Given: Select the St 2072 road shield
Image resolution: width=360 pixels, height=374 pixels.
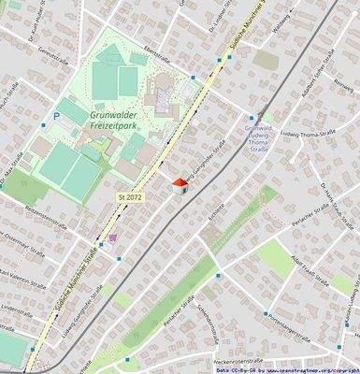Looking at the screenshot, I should click(x=130, y=198).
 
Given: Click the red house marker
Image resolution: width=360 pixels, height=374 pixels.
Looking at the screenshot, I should click(x=181, y=184).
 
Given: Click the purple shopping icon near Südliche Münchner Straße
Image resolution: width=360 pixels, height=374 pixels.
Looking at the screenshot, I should click(x=114, y=237).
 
